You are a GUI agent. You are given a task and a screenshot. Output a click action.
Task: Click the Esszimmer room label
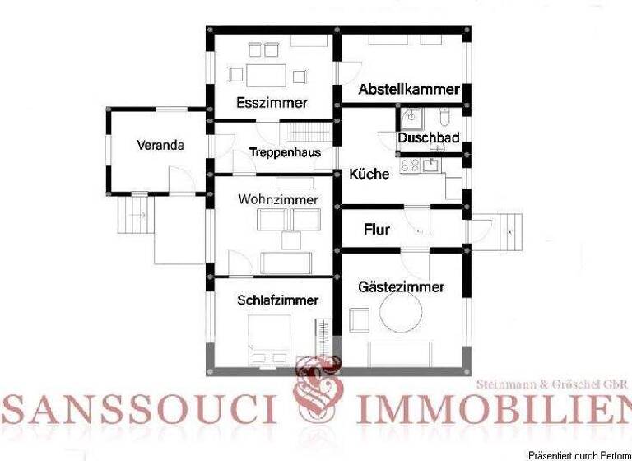pyautogui.click(x=271, y=103)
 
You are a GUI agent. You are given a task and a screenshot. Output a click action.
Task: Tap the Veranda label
pyautogui.click(x=160, y=145)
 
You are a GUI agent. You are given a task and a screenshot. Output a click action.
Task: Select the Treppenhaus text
pyautogui.click(x=284, y=152)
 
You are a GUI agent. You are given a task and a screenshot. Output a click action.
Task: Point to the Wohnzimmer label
pyautogui.click(x=278, y=199)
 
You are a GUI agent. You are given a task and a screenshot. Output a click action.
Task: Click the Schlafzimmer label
pyautogui.click(x=277, y=300)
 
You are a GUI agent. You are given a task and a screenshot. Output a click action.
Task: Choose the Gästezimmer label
pyautogui.click(x=402, y=286)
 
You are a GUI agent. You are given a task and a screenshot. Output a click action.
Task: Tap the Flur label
pyautogui.click(x=377, y=230)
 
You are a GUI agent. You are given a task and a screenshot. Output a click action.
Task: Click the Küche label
pyautogui.click(x=369, y=174)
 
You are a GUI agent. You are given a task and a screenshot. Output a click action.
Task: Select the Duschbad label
pyautogui.click(x=429, y=138)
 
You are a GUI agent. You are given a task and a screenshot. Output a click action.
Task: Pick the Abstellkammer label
pyautogui.click(x=408, y=90)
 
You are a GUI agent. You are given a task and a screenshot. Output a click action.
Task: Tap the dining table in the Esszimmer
pyautogui.click(x=264, y=75)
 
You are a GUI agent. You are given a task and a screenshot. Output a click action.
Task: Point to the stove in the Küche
pyautogui.click(x=409, y=165)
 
